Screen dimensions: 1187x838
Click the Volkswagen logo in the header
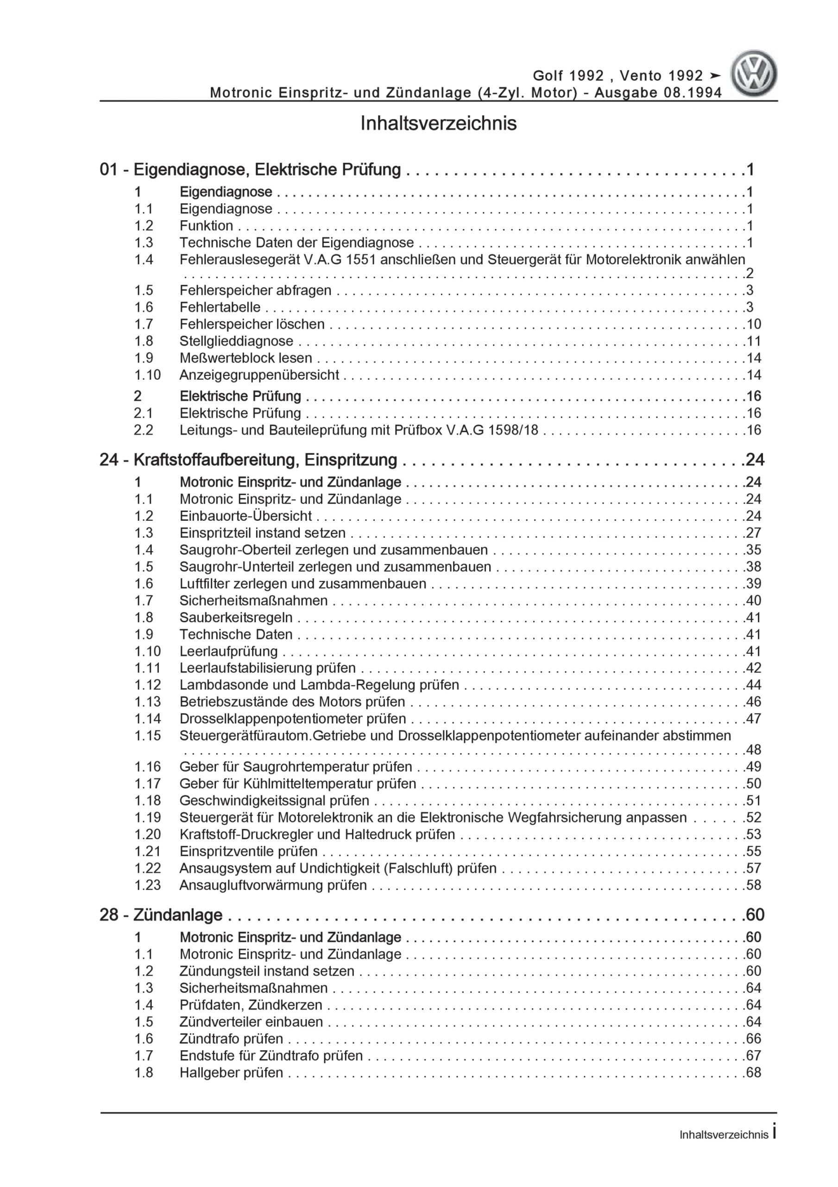coord(753,73)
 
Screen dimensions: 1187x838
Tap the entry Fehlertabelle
coord(220,307)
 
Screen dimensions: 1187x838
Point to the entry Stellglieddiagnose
coord(236,341)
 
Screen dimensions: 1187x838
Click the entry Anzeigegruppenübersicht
coord(259,375)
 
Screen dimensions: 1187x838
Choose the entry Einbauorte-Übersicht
coord(246,516)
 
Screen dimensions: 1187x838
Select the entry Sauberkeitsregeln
coord(236,617)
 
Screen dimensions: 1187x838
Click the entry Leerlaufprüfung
coord(228,651)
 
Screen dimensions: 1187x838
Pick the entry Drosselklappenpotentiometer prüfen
coord(292,719)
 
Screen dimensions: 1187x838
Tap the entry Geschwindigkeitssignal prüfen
coord(274,800)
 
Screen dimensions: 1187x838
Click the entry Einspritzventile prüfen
coord(248,851)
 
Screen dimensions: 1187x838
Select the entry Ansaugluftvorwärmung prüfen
coord(273,885)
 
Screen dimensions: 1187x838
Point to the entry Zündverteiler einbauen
coord(251,1021)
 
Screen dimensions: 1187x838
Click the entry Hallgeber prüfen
coord(231,1072)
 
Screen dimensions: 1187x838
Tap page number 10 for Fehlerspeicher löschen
coord(753,324)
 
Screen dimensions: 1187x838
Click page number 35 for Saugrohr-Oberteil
coord(753,549)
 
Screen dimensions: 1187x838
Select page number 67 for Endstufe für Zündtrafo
coord(753,1055)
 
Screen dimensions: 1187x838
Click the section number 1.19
coord(147,817)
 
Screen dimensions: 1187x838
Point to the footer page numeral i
coord(775,1133)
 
